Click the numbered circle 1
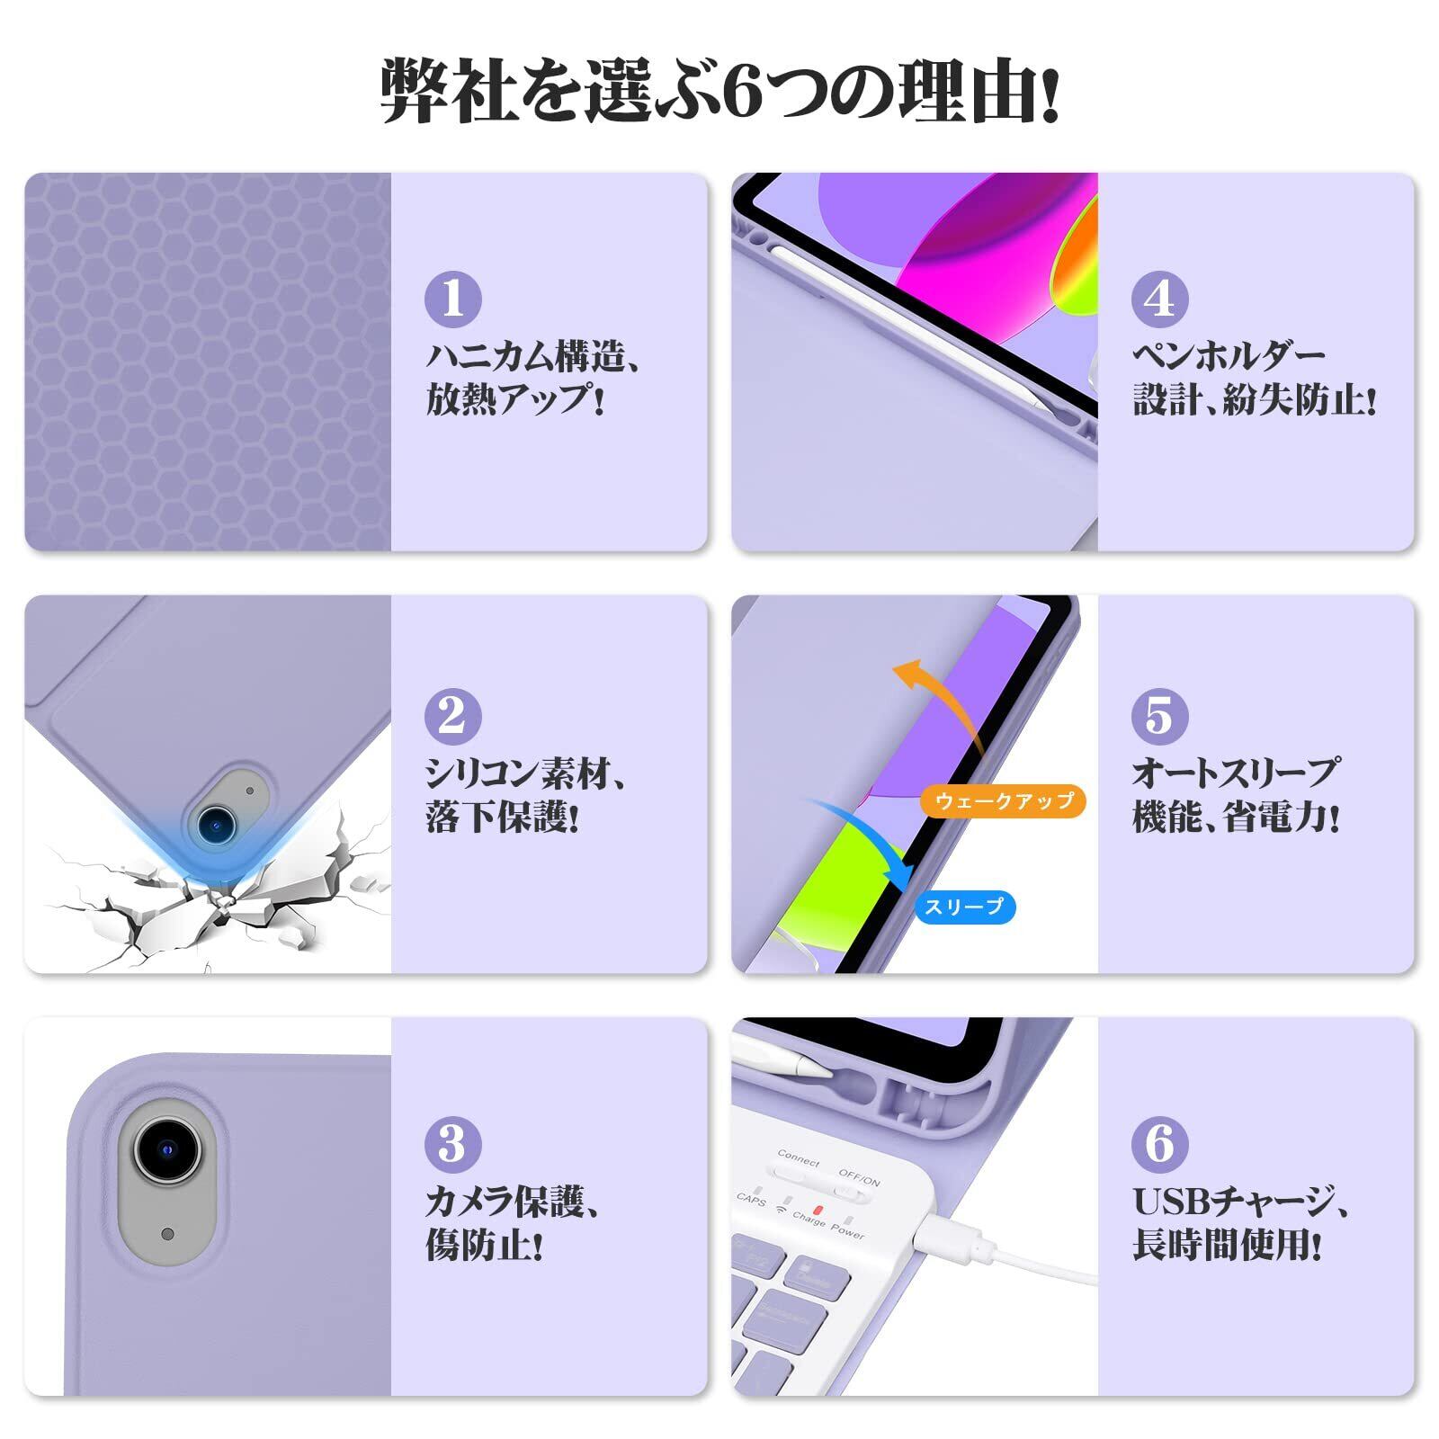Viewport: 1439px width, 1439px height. coord(453,299)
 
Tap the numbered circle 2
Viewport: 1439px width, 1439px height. coord(453,716)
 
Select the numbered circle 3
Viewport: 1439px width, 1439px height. coord(453,1144)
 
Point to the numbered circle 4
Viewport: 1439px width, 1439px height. coord(1160,299)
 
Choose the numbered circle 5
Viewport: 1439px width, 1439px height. coord(1160,716)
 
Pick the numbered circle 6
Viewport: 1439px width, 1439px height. coord(1160,1144)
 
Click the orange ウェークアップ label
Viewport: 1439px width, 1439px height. coord(1004,800)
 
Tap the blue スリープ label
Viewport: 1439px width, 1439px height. coord(964,907)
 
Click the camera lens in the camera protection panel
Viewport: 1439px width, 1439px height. coord(167,1149)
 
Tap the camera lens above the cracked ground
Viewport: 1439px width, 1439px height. coord(216,820)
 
